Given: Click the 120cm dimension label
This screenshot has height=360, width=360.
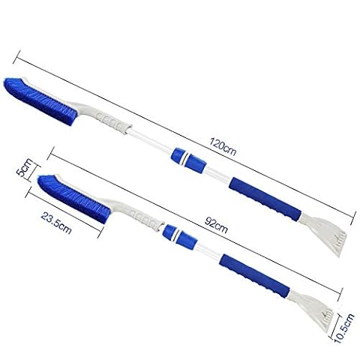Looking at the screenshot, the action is coord(223,147).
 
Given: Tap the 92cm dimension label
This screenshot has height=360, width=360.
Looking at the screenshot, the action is coord(216,225).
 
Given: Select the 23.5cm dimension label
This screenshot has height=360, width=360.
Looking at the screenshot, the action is coord(56,223).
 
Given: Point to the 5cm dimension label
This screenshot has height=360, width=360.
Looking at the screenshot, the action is coord(25,167).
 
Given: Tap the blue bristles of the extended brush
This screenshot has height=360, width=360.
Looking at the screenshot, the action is coord(39,101).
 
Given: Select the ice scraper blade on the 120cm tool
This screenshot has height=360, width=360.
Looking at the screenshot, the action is coord(325,232).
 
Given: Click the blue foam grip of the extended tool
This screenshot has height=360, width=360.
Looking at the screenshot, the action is coord(265,198).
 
